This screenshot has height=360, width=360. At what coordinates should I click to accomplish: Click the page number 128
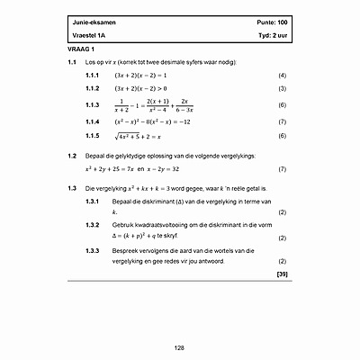click(x=179, y=346)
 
